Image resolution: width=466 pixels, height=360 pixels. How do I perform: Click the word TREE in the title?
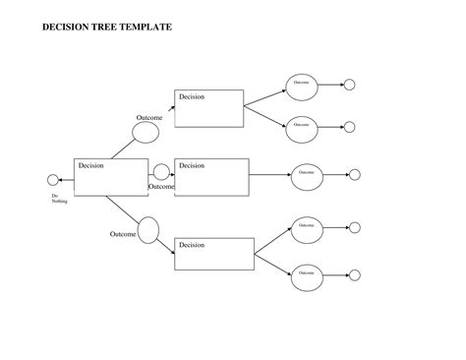click(x=102, y=27)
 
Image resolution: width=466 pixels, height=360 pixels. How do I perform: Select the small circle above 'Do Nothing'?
click(x=53, y=179)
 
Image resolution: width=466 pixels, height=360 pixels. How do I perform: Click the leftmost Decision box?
click(x=110, y=177)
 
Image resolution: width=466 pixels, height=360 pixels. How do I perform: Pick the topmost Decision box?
click(x=209, y=108)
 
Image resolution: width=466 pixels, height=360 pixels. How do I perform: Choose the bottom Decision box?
click(x=213, y=254)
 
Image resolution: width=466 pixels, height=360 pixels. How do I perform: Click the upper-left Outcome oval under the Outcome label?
click(x=148, y=133)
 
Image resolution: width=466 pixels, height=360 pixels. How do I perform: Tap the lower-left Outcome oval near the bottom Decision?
click(x=148, y=231)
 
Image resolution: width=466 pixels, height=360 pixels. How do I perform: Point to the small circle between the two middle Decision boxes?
click(x=161, y=172)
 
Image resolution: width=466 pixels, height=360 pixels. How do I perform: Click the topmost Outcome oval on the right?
click(x=301, y=85)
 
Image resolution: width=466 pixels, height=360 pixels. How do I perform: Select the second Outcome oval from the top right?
click(x=301, y=125)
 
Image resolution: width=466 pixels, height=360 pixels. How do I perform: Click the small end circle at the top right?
click(x=349, y=85)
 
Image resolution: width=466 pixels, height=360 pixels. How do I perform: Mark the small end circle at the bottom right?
click(x=355, y=272)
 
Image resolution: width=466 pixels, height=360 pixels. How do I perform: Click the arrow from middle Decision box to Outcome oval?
click(x=268, y=175)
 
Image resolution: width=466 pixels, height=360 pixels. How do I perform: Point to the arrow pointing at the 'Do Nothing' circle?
click(x=66, y=179)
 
